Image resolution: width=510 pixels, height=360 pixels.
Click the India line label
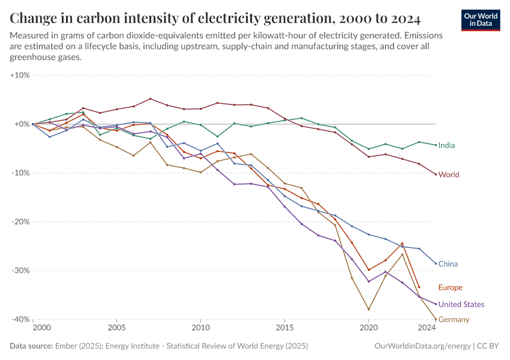pyautogui.click(x=446, y=145)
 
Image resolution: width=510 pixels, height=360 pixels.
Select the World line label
pyautogui.click(x=449, y=175)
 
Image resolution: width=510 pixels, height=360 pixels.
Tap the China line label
pyautogui.click(x=448, y=264)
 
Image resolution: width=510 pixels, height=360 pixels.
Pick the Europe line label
pyautogui.click(x=450, y=287)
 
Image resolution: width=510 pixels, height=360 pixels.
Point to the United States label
pyautogui.click(x=461, y=304)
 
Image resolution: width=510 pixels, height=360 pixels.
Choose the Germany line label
pyautogui.click(x=454, y=319)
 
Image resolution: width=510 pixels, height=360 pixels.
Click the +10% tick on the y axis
pyautogui.click(x=20, y=76)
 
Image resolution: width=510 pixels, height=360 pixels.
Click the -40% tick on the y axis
pyautogui.click(x=20, y=319)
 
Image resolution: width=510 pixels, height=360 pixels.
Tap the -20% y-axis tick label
pyautogui.click(x=20, y=221)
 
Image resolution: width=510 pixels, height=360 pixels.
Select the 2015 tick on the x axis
pyautogui.click(x=284, y=328)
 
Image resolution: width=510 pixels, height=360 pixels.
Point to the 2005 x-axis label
pyautogui.click(x=116, y=328)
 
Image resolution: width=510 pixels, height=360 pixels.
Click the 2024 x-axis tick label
pyautogui.click(x=426, y=328)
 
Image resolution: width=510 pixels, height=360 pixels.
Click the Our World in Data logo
pyautogui.click(x=481, y=20)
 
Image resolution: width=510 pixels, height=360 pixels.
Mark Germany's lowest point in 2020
pyautogui.click(x=368, y=310)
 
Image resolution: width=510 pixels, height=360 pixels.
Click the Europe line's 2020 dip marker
pyautogui.click(x=368, y=270)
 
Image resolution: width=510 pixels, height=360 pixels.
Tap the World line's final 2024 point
pyautogui.click(x=436, y=175)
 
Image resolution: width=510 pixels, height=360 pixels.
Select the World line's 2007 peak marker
pyautogui.click(x=150, y=98)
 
